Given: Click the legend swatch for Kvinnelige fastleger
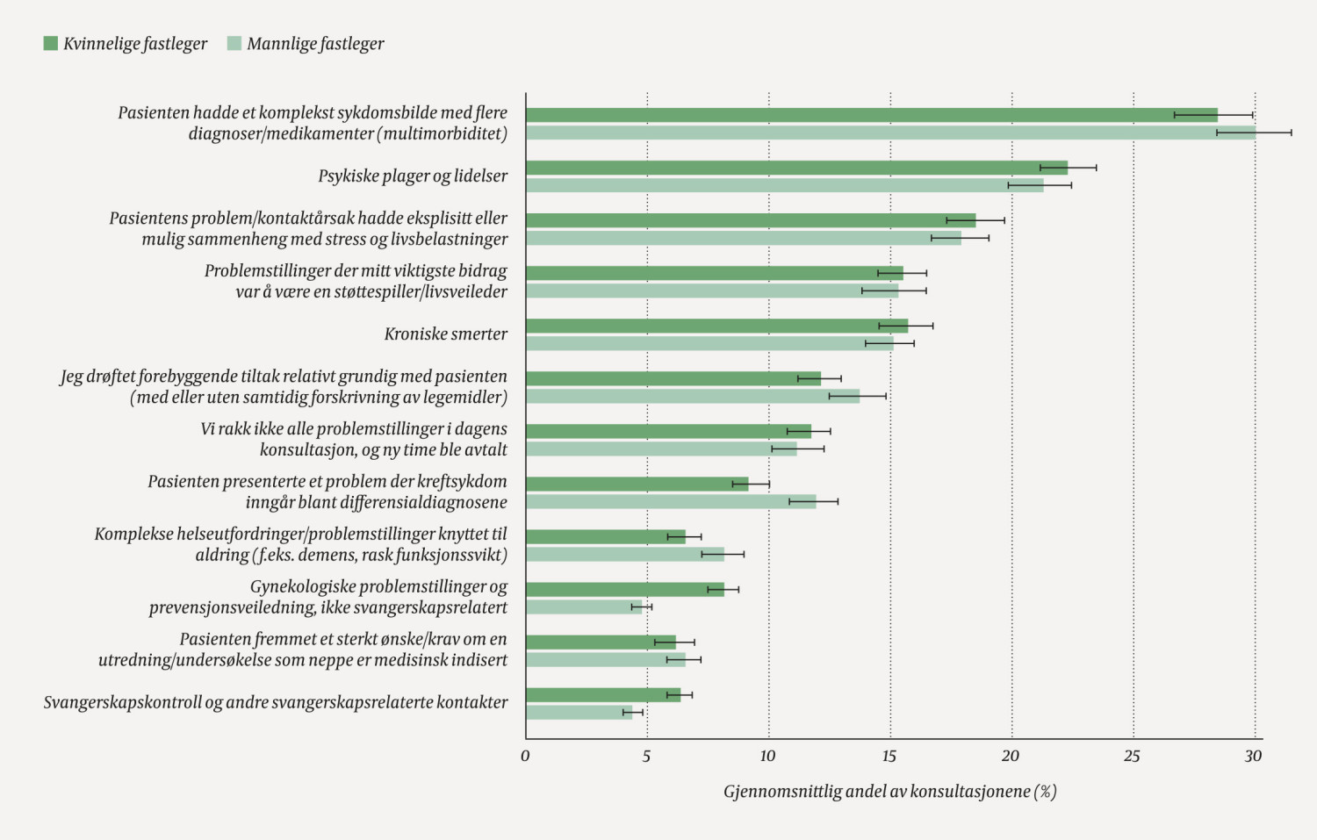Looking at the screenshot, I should pyautogui.click(x=51, y=43).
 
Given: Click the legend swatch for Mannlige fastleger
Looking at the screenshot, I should pyautogui.click(x=234, y=43).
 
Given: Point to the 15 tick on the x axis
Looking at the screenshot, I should pyautogui.click(x=889, y=756).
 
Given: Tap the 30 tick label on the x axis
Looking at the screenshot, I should pyautogui.click(x=1253, y=756).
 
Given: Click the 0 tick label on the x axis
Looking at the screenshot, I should pyautogui.click(x=525, y=756).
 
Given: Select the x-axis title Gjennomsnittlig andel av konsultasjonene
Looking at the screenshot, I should pyautogui.click(x=889, y=792).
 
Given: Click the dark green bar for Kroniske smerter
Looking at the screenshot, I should pyautogui.click(x=716, y=326).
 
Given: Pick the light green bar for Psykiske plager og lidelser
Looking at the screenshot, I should pyautogui.click(x=784, y=185).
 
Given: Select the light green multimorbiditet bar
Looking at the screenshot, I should pyautogui.click(x=890, y=133).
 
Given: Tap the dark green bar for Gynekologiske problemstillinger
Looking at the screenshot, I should pyautogui.click(x=625, y=589).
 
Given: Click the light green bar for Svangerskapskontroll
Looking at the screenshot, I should pyautogui.click(x=579, y=712).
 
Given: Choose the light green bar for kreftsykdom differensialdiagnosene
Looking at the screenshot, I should pyautogui.click(x=671, y=501).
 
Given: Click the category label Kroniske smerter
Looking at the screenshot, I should pyautogui.click(x=445, y=334).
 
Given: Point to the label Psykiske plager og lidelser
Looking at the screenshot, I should pyautogui.click(x=413, y=176).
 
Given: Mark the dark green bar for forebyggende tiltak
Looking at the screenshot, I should pyautogui.click(x=673, y=378).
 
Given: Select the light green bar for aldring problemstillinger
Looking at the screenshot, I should pyautogui.click(x=625, y=554).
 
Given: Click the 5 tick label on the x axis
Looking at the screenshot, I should pyautogui.click(x=646, y=756).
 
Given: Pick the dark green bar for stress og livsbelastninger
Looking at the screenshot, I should pyautogui.click(x=751, y=220).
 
